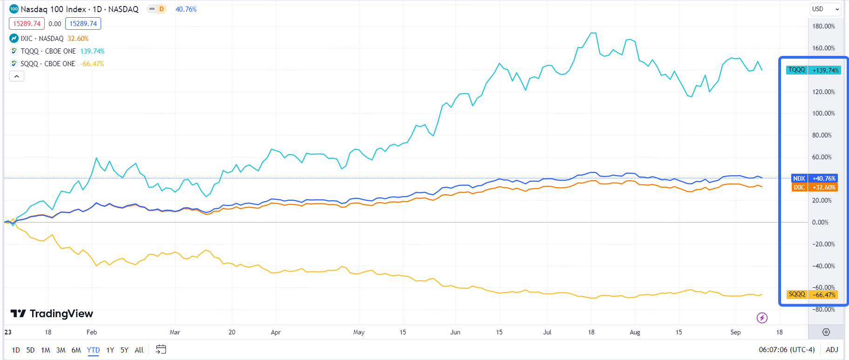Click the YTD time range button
click(93, 350)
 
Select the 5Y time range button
click(124, 350)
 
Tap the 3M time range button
click(61, 350)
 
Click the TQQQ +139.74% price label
click(813, 70)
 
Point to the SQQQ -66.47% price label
click(813, 294)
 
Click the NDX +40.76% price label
click(814, 178)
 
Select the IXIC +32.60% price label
click(814, 187)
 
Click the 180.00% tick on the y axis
click(823, 26)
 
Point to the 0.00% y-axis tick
click(820, 222)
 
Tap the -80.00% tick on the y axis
click(823, 309)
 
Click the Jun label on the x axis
click(455, 332)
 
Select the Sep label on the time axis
click(735, 332)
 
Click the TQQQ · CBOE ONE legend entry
click(48, 51)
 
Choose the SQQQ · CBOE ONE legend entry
click(48, 64)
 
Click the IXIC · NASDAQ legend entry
click(42, 39)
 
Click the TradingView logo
click(52, 313)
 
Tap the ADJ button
click(832, 350)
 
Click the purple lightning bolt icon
click(762, 318)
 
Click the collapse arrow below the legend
click(17, 76)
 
